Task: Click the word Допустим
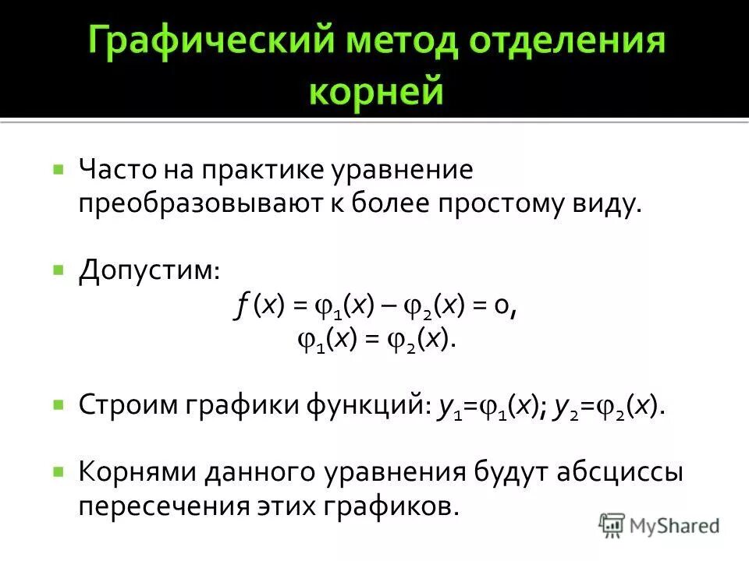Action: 148,272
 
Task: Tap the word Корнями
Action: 137,473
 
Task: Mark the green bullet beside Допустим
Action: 58,270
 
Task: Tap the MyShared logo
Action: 659,525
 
